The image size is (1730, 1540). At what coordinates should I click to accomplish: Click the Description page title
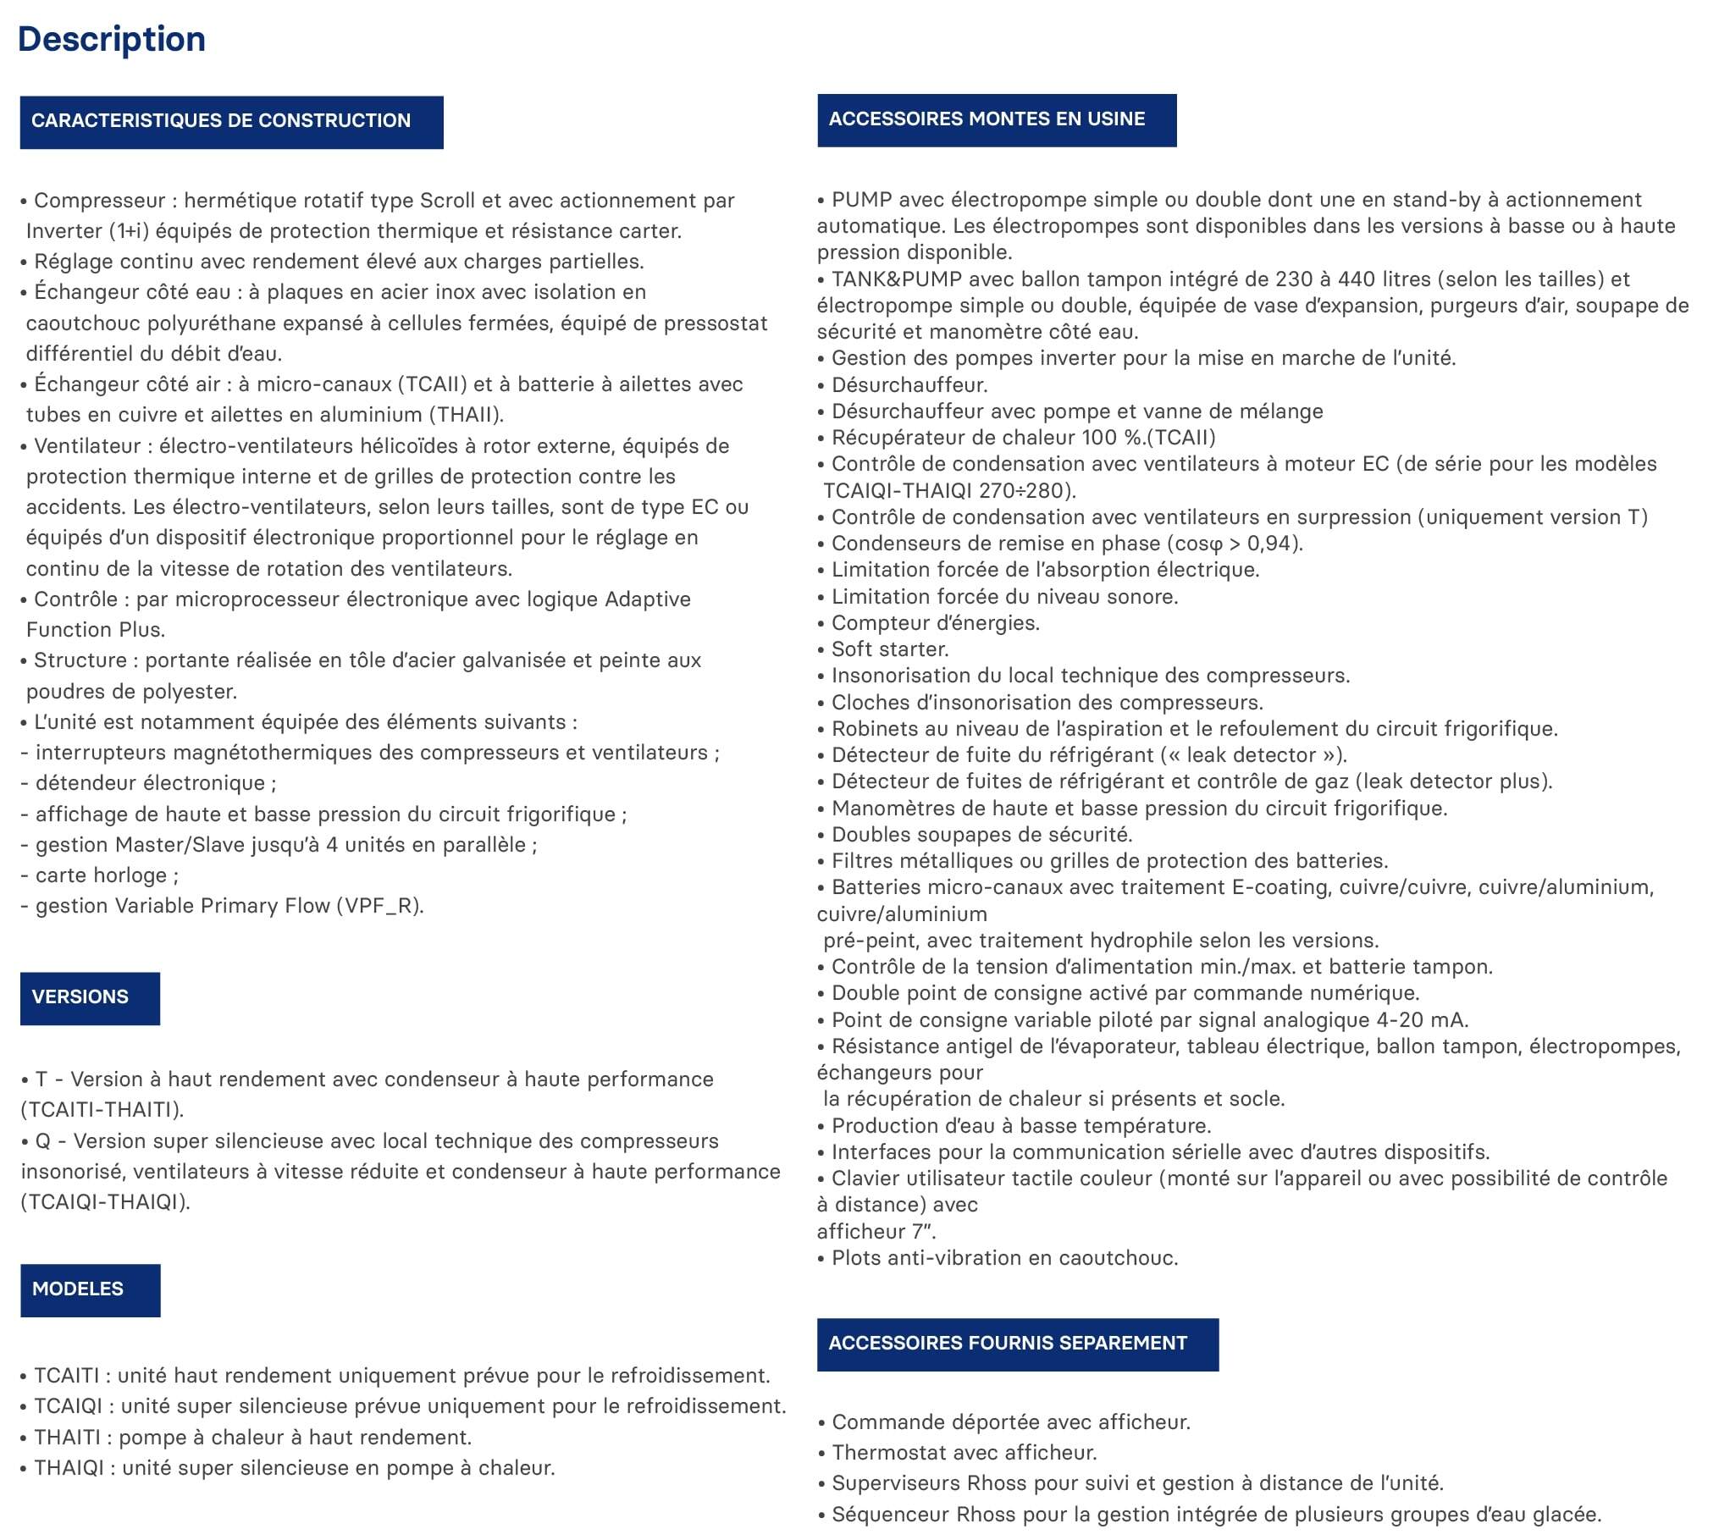(x=111, y=40)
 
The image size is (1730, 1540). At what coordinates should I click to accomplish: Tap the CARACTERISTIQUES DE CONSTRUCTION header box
(x=231, y=122)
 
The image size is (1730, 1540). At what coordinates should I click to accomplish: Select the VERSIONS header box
(x=90, y=998)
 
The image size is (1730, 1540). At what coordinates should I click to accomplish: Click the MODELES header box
(x=90, y=1290)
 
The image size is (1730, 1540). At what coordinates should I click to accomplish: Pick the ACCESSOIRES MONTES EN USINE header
(x=996, y=119)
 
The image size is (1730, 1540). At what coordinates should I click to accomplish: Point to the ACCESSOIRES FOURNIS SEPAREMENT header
(x=1017, y=1344)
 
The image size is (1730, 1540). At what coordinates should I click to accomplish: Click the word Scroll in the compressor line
(x=448, y=201)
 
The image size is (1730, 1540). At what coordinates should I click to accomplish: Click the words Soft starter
(x=890, y=649)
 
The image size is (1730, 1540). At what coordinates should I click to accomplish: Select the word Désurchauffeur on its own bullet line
(x=909, y=385)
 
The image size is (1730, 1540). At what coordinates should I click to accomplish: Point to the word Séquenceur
(x=890, y=1515)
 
